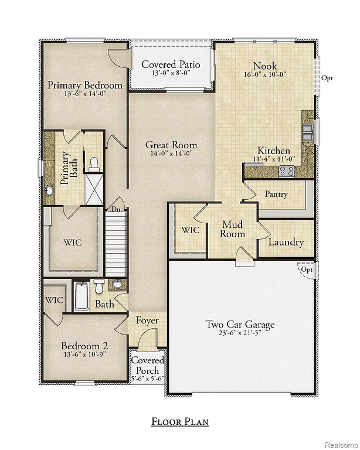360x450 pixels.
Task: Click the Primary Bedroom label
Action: point(85,85)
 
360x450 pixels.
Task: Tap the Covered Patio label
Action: point(171,64)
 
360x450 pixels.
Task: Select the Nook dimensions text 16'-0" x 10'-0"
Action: point(265,76)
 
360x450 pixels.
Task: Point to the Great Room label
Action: point(171,145)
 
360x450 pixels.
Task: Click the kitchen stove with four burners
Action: point(287,171)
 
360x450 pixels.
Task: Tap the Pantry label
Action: point(276,194)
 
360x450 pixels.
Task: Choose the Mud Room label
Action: point(233,229)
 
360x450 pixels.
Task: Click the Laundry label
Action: point(286,242)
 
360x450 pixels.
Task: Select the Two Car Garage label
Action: point(240,324)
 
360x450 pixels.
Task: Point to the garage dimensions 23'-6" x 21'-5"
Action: point(240,334)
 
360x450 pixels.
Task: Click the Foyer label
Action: point(147,321)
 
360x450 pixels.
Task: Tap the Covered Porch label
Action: point(147,366)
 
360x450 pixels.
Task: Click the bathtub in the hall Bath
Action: point(81,296)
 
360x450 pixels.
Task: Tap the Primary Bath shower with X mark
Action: point(93,186)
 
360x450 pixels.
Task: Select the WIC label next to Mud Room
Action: point(190,230)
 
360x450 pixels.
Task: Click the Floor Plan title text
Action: point(179,421)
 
